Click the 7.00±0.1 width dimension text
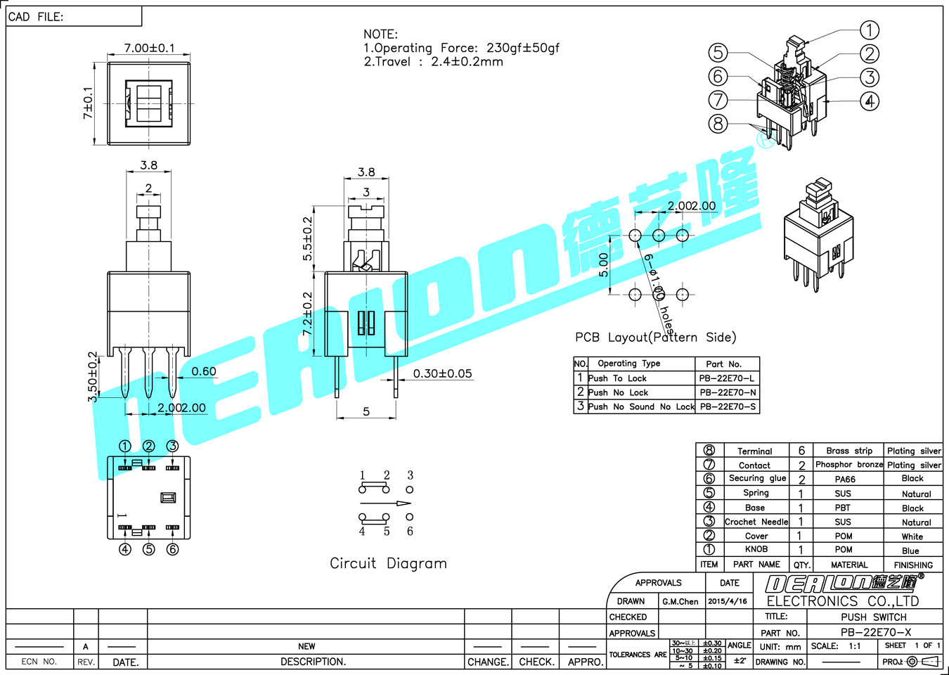[149, 48]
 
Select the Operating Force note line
[461, 48]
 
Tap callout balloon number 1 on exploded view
[870, 30]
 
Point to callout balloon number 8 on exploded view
[718, 124]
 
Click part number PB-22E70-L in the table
[727, 378]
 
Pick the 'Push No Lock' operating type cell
[618, 392]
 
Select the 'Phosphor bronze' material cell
[848, 465]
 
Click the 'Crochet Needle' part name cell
[756, 522]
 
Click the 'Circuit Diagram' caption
[388, 563]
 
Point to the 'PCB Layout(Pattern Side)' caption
[655, 337]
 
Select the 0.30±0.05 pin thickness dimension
[442, 373]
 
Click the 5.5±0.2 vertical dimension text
[308, 239]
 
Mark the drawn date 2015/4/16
[728, 601]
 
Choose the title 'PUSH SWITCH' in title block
[874, 617]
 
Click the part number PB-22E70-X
[875, 632]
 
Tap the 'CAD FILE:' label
[36, 17]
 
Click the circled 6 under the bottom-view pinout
[172, 549]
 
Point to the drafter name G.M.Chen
[680, 601]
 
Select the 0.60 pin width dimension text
[204, 371]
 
